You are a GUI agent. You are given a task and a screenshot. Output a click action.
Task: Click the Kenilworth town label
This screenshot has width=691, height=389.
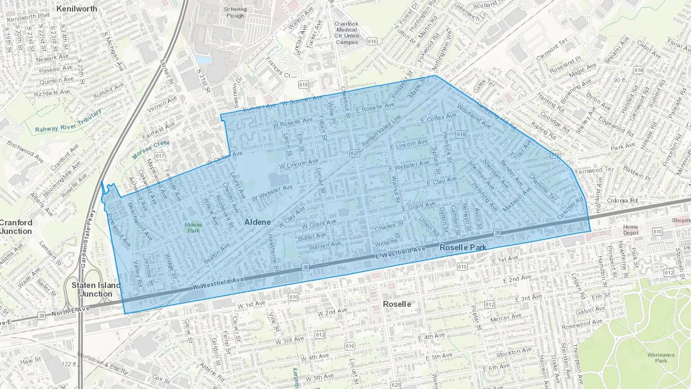(x=76, y=8)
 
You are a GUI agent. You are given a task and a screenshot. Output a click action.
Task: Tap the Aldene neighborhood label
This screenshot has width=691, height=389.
(x=258, y=222)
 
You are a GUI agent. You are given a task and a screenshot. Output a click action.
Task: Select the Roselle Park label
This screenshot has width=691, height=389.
(x=463, y=247)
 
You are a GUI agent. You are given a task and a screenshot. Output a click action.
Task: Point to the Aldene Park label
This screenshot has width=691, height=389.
(x=193, y=227)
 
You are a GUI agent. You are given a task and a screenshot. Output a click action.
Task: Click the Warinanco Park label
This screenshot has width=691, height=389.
(x=661, y=358)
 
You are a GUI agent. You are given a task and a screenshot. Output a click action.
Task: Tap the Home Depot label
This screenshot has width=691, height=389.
(x=630, y=230)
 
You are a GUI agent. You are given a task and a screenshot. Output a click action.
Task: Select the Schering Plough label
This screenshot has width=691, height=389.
(x=235, y=12)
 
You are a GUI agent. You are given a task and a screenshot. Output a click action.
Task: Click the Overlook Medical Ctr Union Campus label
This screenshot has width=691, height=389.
(x=347, y=33)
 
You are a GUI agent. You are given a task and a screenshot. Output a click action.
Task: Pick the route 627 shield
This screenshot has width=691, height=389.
(x=355, y=153)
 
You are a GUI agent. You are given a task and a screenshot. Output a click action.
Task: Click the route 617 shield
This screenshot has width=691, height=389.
(x=160, y=156)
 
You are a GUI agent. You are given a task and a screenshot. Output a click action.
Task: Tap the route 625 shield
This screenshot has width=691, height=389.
(x=395, y=384)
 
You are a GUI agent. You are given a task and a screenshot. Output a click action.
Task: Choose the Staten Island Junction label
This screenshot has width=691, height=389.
(x=96, y=290)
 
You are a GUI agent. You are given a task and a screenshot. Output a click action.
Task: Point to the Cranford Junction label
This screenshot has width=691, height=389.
(x=16, y=227)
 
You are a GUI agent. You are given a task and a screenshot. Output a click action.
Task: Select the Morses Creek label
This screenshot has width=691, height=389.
(x=150, y=149)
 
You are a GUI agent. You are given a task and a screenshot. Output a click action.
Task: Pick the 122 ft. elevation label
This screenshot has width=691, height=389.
(x=69, y=364)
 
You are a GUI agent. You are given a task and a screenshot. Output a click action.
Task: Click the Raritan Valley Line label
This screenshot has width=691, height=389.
(x=381, y=130)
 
